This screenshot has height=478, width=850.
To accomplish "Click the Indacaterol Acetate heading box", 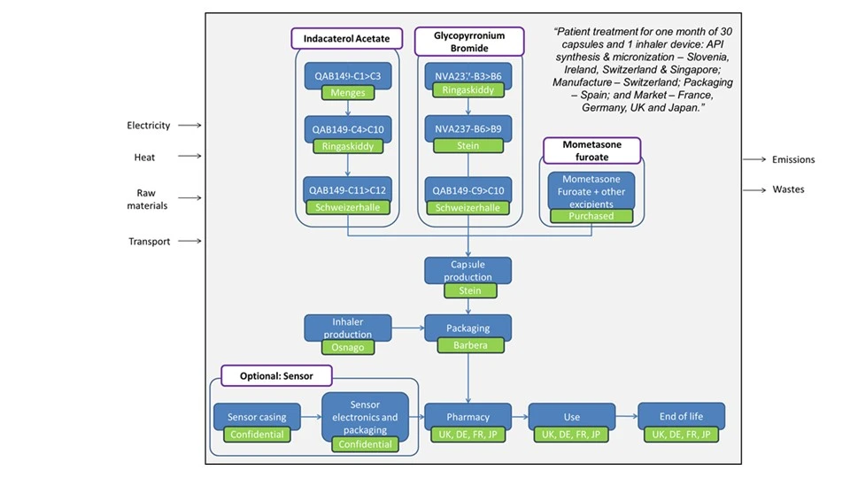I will click(x=346, y=39).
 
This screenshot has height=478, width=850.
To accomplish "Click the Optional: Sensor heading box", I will click(x=275, y=375).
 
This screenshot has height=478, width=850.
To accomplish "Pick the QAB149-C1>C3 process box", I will click(x=347, y=75).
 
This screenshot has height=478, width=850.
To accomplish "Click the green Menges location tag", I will click(x=347, y=92).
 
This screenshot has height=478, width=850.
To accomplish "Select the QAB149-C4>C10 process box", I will click(x=347, y=129).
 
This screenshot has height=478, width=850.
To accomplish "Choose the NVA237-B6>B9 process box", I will click(x=468, y=128).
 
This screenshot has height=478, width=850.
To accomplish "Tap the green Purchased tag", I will click(x=592, y=215).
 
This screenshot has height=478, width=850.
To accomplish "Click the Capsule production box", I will click(x=467, y=270).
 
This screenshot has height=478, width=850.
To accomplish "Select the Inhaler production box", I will click(x=347, y=327).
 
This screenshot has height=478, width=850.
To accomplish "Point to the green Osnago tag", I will click(x=347, y=347).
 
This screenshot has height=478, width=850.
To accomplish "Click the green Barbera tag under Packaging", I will click(x=467, y=345).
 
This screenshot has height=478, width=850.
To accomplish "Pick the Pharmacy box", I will click(x=467, y=416).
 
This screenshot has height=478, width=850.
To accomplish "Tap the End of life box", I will click(x=681, y=416).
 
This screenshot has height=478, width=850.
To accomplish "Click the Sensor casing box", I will click(x=257, y=416).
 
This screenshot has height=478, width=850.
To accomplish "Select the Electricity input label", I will click(x=148, y=126).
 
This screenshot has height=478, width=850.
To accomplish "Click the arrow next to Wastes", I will click(x=753, y=190).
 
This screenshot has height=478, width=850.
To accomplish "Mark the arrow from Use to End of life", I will click(x=625, y=416).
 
